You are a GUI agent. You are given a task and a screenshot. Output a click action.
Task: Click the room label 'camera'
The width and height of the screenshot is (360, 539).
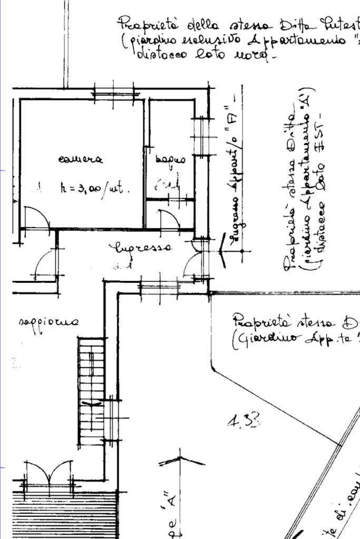tap(81, 159)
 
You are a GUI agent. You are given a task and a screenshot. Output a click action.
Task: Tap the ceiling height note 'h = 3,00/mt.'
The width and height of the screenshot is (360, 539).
tap(94, 190)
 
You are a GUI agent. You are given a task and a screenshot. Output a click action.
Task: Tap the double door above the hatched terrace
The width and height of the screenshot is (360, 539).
tap(48, 471)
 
